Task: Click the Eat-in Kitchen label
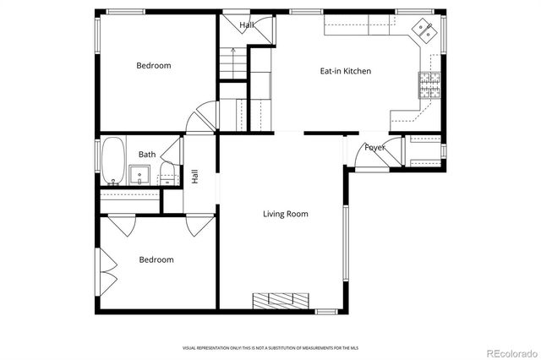[x=345, y=71]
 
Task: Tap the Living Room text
[x=285, y=214]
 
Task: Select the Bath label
[x=147, y=154]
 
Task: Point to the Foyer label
[x=375, y=147]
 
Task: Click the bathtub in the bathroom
[x=113, y=162]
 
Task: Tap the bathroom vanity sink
[x=141, y=176]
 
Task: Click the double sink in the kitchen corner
[x=424, y=32]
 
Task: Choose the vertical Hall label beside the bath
[x=194, y=177]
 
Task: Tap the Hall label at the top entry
[x=247, y=25]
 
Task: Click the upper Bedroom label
[x=154, y=65]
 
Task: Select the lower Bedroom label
[x=156, y=259]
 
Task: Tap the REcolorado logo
[x=508, y=351]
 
